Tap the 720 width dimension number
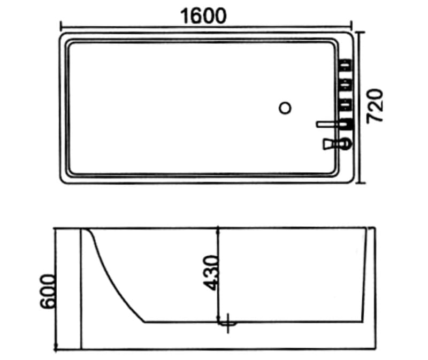pyautogui.click(x=377, y=106)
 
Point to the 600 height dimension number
pyautogui.click(x=47, y=291)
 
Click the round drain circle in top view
pyautogui.click(x=286, y=108)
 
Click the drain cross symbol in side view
pyautogui.click(x=229, y=323)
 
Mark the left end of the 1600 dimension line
pyautogui.click(x=60, y=25)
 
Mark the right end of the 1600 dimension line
pyautogui.click(x=351, y=25)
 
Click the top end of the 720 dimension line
pyautogui.click(x=361, y=32)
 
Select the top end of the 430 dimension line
pyautogui.click(x=218, y=228)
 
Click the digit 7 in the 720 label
pyautogui.click(x=377, y=118)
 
